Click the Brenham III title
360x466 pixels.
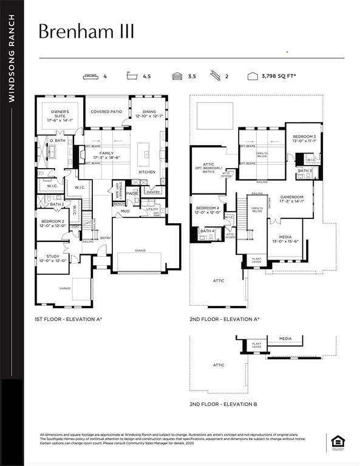tap(86, 31)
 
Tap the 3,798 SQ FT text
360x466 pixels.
tap(280, 76)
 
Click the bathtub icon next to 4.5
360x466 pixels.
tap(131, 76)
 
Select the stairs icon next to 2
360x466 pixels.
tap(214, 76)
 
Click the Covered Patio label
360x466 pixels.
tap(106, 112)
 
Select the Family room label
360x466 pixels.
tap(106, 155)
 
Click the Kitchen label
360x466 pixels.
tap(147, 172)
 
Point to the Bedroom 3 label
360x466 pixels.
tap(304, 139)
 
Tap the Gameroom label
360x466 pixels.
tap(291, 199)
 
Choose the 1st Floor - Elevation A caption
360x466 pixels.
tap(68, 319)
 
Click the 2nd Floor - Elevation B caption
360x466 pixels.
tap(223, 404)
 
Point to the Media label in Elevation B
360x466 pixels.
tap(285, 339)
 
